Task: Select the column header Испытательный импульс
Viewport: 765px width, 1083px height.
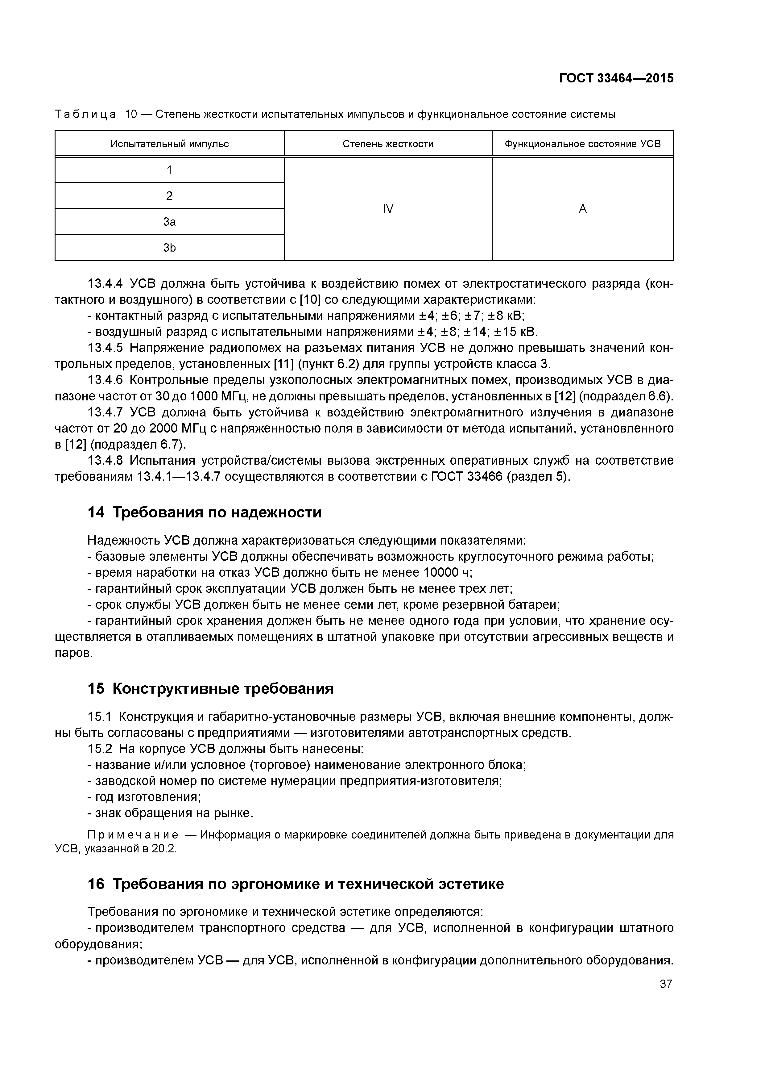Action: coord(169,144)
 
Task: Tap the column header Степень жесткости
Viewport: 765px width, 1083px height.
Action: coord(388,144)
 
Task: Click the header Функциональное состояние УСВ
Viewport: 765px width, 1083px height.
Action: coord(583,144)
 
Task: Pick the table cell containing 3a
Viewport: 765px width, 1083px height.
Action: coord(169,222)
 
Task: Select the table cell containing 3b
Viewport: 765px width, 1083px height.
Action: coord(169,248)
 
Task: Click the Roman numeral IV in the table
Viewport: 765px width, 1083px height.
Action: coord(388,209)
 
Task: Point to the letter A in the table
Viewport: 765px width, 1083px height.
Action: coord(583,209)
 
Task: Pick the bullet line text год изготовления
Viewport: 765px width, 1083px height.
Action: coord(147,797)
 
